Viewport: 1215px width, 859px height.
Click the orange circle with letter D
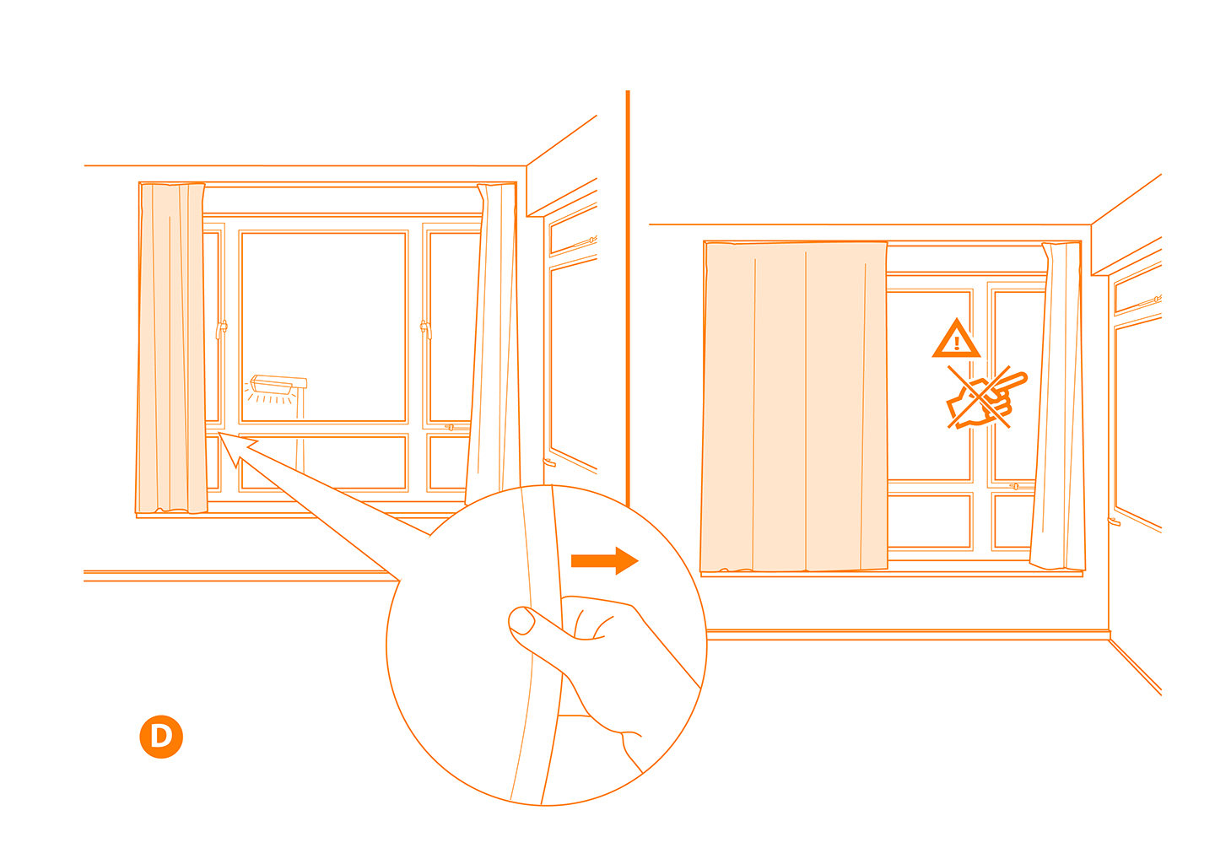[161, 737]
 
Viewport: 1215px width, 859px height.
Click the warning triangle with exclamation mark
[956, 340]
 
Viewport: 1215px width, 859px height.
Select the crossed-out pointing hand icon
[984, 399]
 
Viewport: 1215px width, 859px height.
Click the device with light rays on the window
[277, 386]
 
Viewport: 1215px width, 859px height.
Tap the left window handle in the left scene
[221, 328]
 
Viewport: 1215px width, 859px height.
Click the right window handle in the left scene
[425, 328]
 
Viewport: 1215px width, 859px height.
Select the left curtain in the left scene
[172, 348]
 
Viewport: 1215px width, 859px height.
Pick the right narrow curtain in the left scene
[494, 346]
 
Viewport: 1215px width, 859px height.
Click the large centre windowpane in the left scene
[324, 326]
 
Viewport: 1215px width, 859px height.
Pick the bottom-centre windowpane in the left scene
[324, 462]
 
